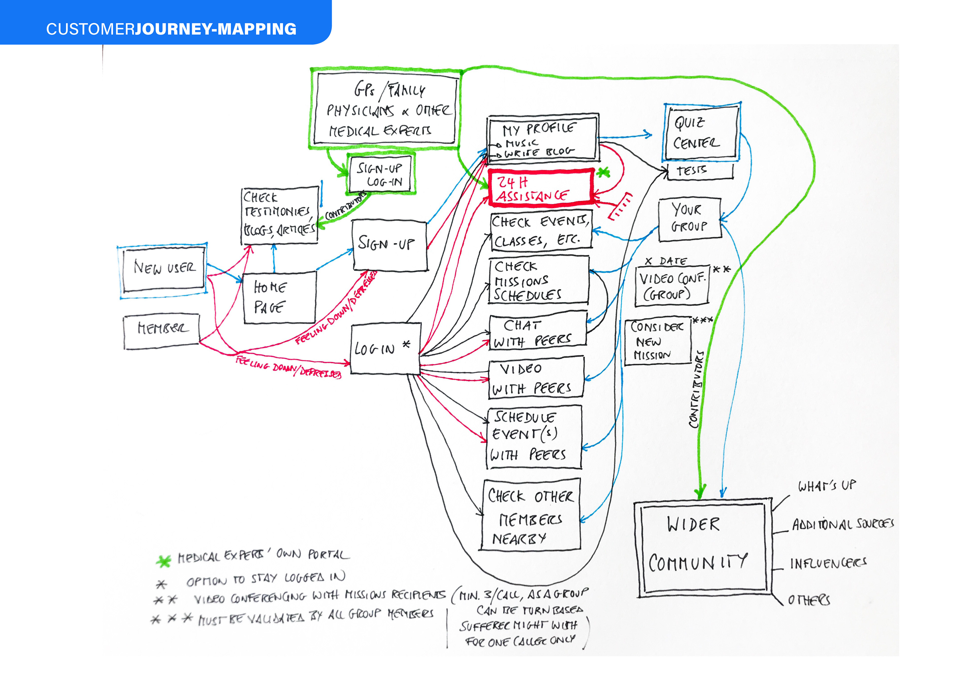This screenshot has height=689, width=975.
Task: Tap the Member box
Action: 161,331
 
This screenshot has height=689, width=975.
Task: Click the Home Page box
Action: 279,297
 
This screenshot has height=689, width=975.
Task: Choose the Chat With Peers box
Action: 538,331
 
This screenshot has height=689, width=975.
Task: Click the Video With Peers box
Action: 536,378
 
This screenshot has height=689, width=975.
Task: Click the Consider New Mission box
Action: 657,341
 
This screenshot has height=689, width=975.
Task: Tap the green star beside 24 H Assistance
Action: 604,172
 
